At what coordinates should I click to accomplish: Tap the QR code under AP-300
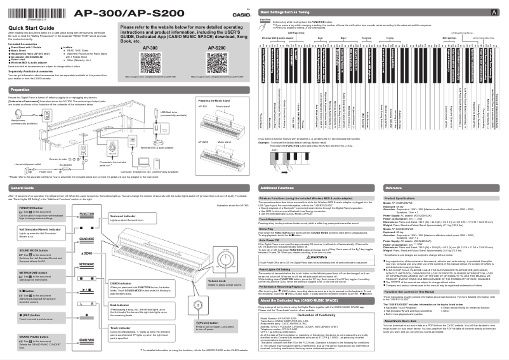tap(150, 63)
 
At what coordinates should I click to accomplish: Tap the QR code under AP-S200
tap(216, 63)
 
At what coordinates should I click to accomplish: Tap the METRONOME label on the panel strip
tap(87, 263)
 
